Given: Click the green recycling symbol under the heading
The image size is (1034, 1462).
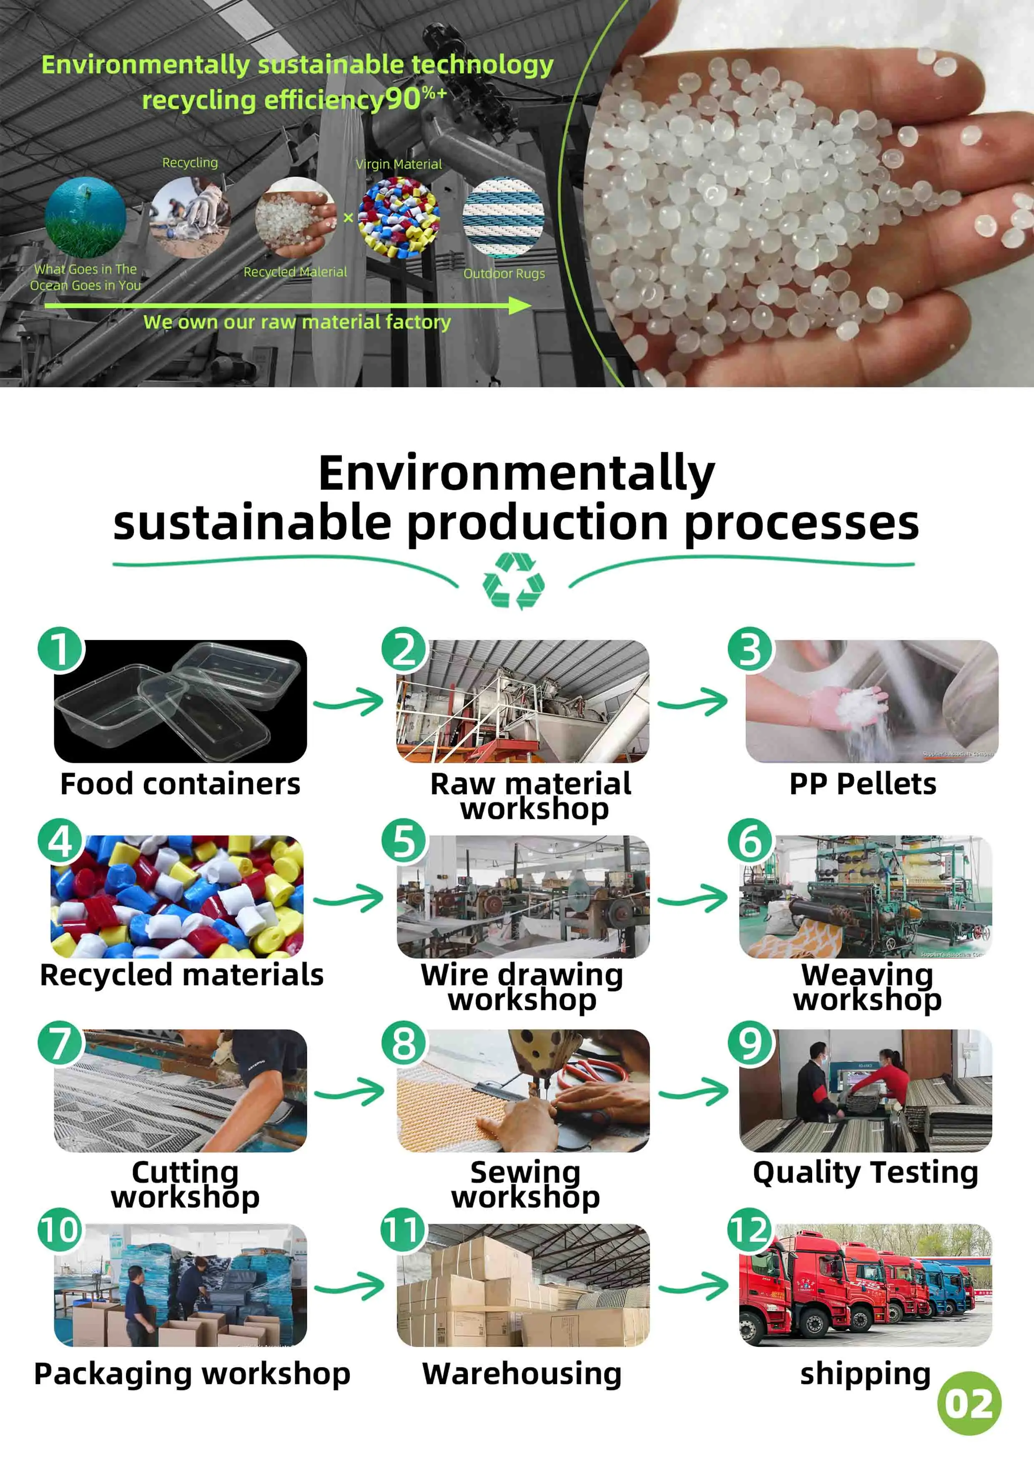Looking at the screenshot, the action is coord(513,581).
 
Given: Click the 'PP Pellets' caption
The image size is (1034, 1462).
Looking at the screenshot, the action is coord(863,784).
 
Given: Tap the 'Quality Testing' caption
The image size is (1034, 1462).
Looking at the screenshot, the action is coord(865,1172).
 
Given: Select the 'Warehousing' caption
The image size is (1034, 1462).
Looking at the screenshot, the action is coord(522,1374).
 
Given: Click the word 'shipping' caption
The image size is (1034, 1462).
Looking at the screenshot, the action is coord(865,1374).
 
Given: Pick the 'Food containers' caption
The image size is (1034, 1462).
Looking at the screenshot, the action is coord(180,784).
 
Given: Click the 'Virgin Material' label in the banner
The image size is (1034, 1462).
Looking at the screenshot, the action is coord(399,164).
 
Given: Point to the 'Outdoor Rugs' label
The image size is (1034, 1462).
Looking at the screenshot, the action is coord(504,274).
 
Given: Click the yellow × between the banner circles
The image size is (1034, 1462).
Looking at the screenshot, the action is coord(348,218).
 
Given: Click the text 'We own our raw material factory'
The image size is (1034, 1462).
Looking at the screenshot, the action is coord(297,322).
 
